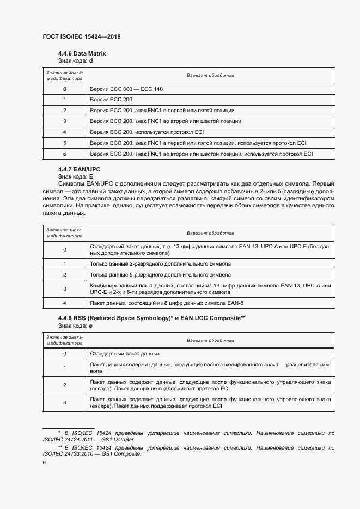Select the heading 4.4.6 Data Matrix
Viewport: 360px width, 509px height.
(82, 54)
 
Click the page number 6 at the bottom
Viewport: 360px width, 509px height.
(44, 462)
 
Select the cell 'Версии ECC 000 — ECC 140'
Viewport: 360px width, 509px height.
(126, 89)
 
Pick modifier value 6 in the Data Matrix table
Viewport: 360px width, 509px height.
(64, 154)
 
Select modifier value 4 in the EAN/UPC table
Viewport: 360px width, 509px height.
(64, 303)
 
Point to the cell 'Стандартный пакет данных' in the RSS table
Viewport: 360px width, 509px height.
(125, 353)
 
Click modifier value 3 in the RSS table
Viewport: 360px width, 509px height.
(64, 402)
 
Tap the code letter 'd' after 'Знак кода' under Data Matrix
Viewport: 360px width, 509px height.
(91, 60)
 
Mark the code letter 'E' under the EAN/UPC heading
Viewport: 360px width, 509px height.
(91, 177)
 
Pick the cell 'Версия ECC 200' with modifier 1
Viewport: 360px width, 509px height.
(111, 100)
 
